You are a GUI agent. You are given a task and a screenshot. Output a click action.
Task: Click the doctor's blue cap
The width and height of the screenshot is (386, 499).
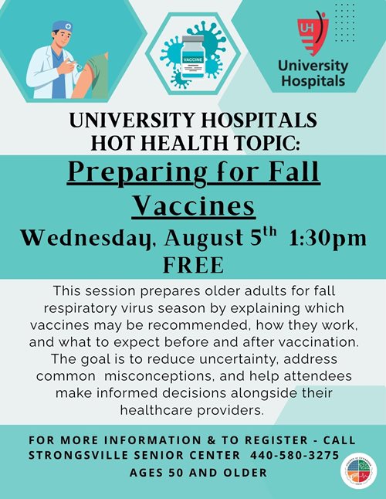pyautogui.click(x=63, y=26)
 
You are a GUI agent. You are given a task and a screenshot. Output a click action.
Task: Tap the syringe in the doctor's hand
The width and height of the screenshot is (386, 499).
pyautogui.click(x=77, y=65)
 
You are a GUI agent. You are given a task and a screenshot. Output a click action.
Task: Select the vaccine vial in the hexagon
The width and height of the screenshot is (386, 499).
pyautogui.click(x=192, y=57)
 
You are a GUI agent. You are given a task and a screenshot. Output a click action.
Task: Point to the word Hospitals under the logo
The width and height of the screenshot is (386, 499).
pyautogui.click(x=313, y=80)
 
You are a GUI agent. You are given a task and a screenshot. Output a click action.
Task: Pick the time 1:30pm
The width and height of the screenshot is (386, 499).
pyautogui.click(x=328, y=238)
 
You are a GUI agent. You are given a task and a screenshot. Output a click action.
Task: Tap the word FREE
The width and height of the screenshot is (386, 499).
pyautogui.click(x=193, y=265)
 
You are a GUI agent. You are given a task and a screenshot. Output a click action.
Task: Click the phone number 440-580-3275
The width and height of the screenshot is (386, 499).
pyautogui.click(x=294, y=455)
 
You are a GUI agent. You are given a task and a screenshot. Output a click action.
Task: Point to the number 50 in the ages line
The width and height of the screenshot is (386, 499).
pyautogui.click(x=176, y=473)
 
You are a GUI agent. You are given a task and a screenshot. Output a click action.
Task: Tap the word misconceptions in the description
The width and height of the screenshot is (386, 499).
pyautogui.click(x=158, y=376)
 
